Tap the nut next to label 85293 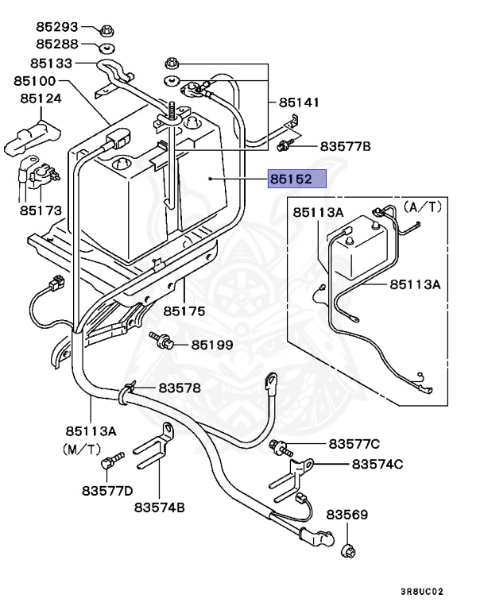106,31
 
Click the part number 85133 52,63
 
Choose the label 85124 41,98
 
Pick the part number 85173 41,211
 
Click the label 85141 299,102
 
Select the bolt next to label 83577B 284,145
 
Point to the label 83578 180,388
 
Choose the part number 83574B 159,507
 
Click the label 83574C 378,464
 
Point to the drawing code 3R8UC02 422,592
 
